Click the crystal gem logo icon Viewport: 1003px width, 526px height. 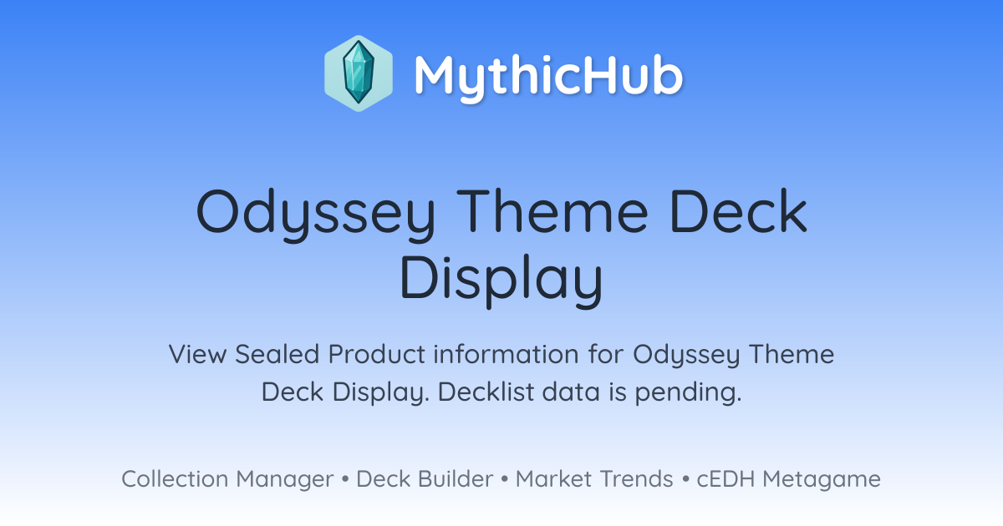359,73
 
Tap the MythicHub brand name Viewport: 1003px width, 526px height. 548,77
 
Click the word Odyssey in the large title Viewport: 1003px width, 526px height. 316,215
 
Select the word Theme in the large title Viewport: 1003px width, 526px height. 552,210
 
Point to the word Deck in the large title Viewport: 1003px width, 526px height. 739,210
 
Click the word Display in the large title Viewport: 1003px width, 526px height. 501,281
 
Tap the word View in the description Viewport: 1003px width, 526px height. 197,354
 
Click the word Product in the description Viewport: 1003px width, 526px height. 377,354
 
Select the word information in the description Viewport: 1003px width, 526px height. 506,354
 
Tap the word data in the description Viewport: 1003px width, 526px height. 571,392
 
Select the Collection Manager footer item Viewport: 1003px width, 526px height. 227,479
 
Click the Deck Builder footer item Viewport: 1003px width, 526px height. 425,478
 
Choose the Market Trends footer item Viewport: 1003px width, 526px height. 594,478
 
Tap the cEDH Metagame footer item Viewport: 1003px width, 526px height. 788,479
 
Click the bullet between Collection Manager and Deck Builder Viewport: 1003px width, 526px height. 345,479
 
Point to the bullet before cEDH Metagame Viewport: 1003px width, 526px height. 685,479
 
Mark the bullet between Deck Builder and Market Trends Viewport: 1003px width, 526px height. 505,479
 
